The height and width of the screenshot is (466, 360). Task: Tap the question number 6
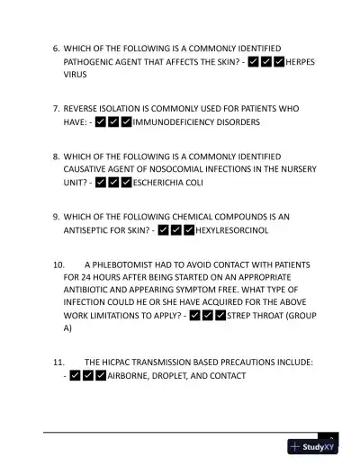[x=56, y=46]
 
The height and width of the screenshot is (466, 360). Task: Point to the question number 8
[x=56, y=155]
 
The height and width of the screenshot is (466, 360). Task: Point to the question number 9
[x=56, y=216]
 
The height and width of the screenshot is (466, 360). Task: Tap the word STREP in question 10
[x=241, y=315]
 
